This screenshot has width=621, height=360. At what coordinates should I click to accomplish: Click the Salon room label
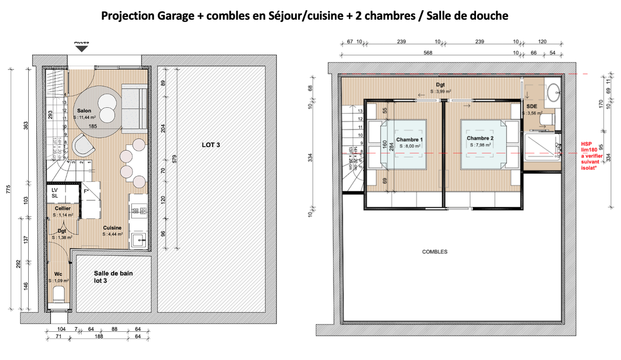coord(84,110)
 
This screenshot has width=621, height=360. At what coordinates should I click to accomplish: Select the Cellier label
coord(63,208)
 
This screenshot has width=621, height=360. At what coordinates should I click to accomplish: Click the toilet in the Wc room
coord(58,294)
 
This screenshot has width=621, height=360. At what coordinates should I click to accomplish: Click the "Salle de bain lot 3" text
coord(113,277)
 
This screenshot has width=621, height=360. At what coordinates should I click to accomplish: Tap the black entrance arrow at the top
coord(82,48)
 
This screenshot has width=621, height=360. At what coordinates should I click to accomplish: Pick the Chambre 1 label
coord(409,139)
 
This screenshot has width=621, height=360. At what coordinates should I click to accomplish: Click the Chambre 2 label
coord(479,138)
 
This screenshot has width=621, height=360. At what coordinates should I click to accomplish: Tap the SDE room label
coord(531,107)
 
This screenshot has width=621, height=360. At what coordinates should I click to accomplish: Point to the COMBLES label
coord(435,252)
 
